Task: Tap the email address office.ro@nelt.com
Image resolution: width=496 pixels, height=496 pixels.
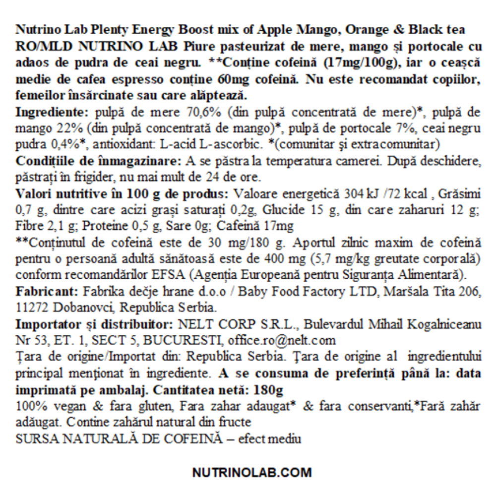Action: (x=280, y=341)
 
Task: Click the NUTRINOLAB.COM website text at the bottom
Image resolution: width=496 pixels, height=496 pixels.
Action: (x=252, y=472)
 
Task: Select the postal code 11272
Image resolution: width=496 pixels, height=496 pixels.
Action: (x=31, y=308)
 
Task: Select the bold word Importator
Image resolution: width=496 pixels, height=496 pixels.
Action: (x=45, y=325)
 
